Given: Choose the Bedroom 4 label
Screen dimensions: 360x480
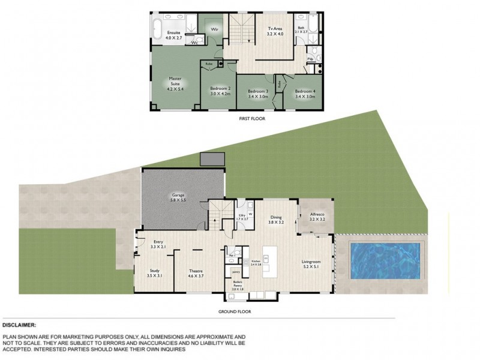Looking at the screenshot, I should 305,92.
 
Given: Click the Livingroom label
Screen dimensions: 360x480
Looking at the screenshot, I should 315,263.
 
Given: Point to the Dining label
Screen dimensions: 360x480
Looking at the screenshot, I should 276,218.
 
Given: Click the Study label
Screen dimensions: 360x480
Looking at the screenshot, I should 154,271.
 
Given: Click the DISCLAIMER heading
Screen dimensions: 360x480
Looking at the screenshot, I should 20,325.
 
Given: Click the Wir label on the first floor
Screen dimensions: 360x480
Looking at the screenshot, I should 212,28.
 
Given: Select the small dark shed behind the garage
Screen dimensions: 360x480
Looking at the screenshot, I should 212,159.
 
